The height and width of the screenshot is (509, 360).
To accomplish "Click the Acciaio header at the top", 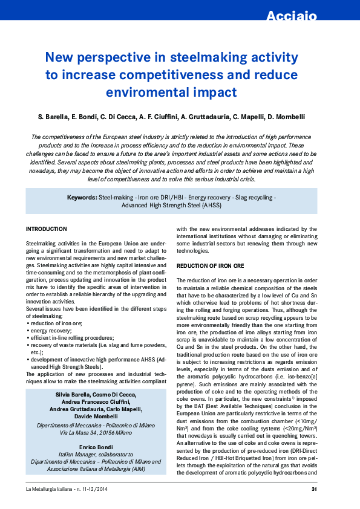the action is click(292, 16).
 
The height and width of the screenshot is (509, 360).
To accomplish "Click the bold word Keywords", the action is click(82, 198).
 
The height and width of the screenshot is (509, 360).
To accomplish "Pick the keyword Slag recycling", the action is click(254, 198).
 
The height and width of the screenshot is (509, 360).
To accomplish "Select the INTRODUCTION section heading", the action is click(46, 229).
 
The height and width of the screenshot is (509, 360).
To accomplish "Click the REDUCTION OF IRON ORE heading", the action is click(210, 266).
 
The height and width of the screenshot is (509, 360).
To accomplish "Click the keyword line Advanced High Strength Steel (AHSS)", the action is click(171, 205).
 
